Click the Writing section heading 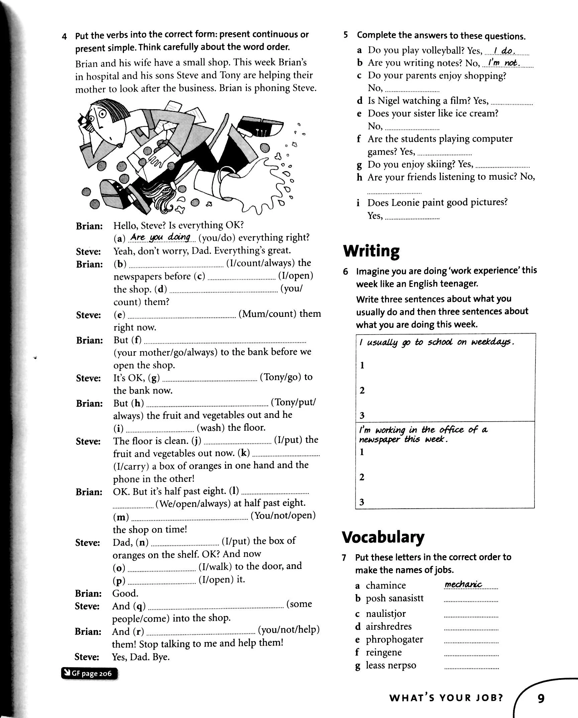pyautogui.click(x=371, y=251)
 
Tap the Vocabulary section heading pyautogui.click(x=383, y=537)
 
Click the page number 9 pyautogui.click(x=541, y=689)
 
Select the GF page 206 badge pyautogui.click(x=89, y=673)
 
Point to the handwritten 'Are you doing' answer pyautogui.click(x=160, y=237)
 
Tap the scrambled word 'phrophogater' pyautogui.click(x=394, y=639)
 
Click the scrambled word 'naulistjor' pyautogui.click(x=386, y=614)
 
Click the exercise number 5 pyautogui.click(x=346, y=35)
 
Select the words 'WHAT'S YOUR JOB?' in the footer pyautogui.click(x=446, y=689)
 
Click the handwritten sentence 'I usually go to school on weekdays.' pyautogui.click(x=437, y=342)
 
